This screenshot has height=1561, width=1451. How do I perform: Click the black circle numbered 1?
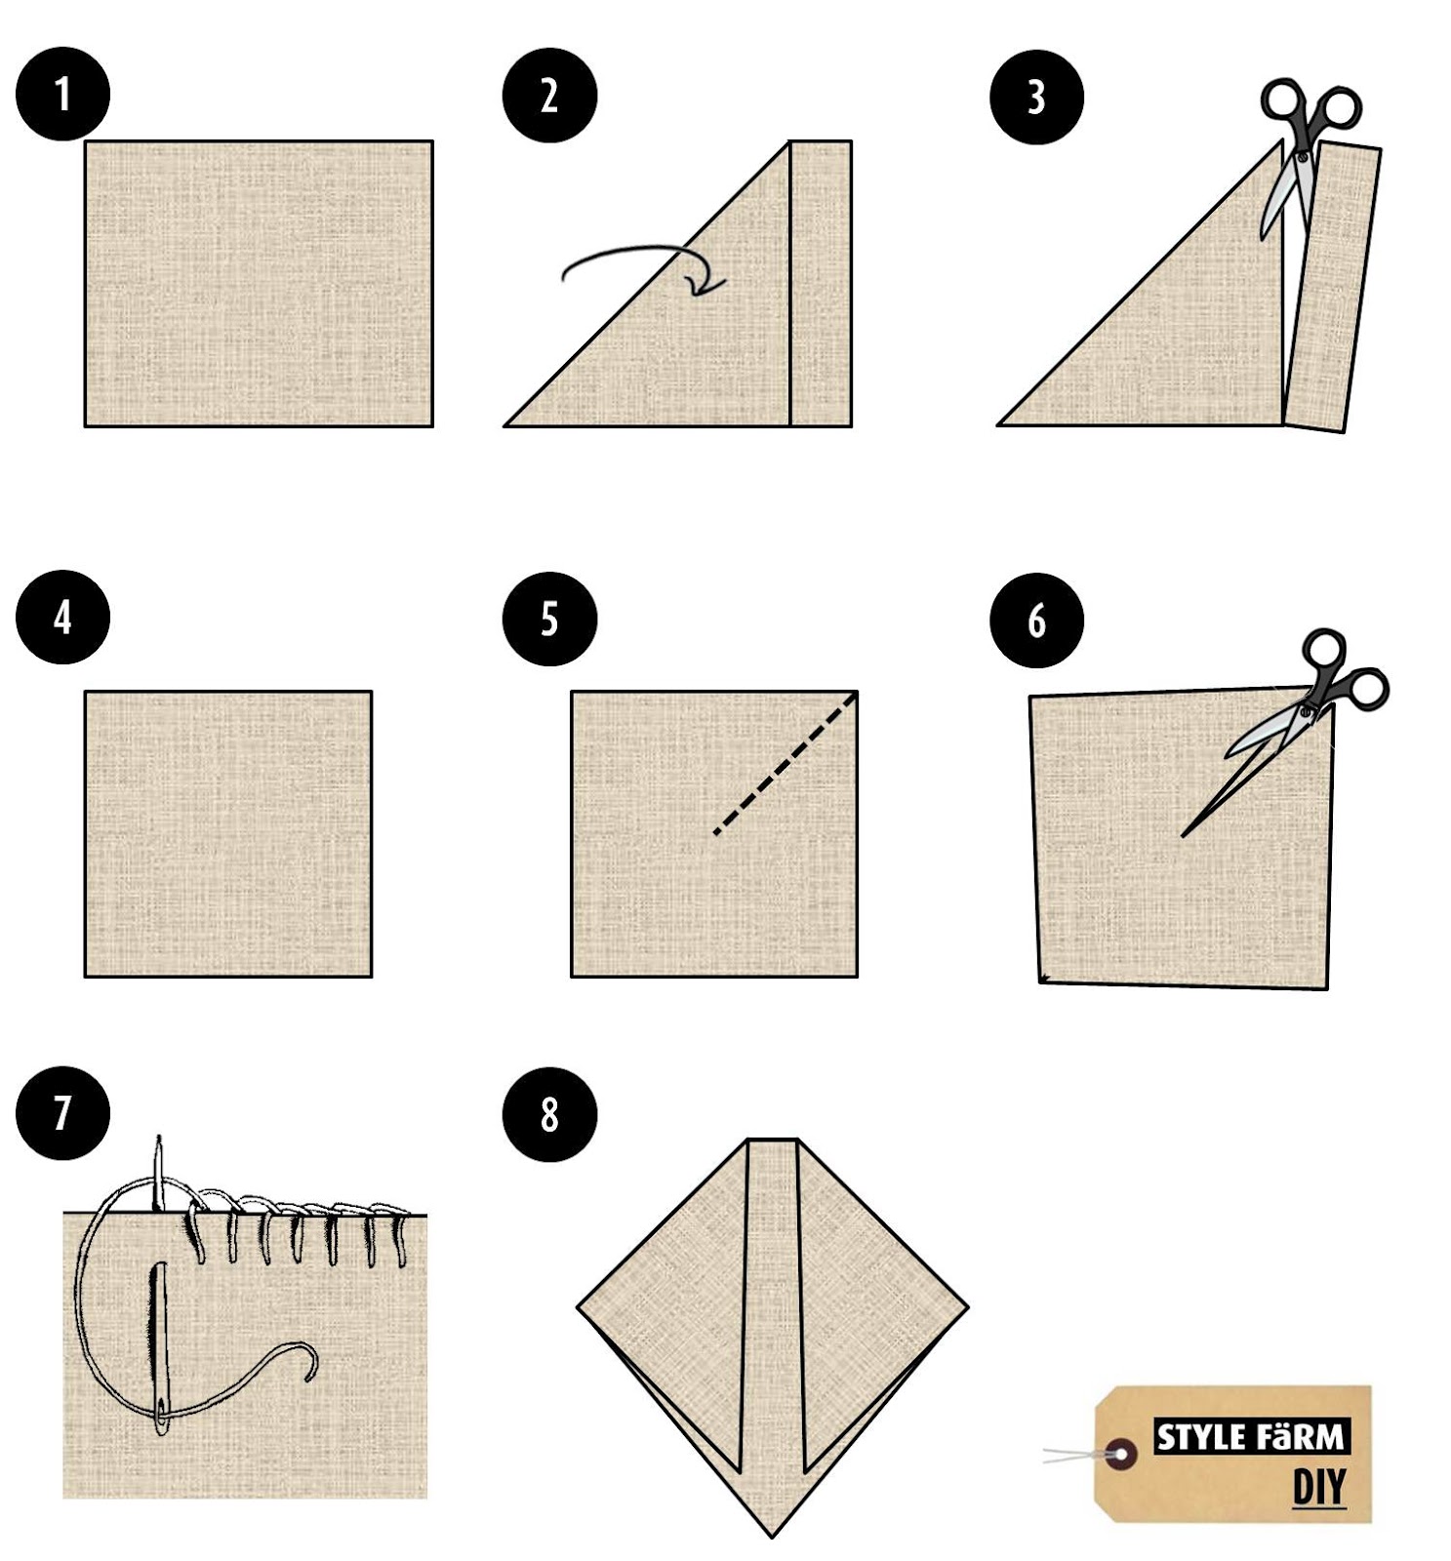[x=62, y=94]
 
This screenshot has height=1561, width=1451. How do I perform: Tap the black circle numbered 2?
[x=549, y=95]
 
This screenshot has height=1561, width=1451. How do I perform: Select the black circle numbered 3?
[x=1036, y=97]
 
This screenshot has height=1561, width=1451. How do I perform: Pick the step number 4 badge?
[x=62, y=617]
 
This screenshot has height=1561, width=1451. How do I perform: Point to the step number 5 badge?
[x=549, y=619]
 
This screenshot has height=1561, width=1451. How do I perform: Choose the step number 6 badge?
[x=1036, y=620]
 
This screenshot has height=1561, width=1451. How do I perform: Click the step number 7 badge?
[x=62, y=1112]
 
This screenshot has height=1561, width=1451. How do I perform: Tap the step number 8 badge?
[x=549, y=1114]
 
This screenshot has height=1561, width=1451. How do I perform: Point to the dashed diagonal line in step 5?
[x=786, y=762]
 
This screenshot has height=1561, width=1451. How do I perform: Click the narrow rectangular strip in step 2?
[x=820, y=284]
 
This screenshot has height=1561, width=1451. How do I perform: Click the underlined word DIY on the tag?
[x=1319, y=1488]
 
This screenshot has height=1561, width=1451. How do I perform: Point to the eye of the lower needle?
[x=161, y=1416]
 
